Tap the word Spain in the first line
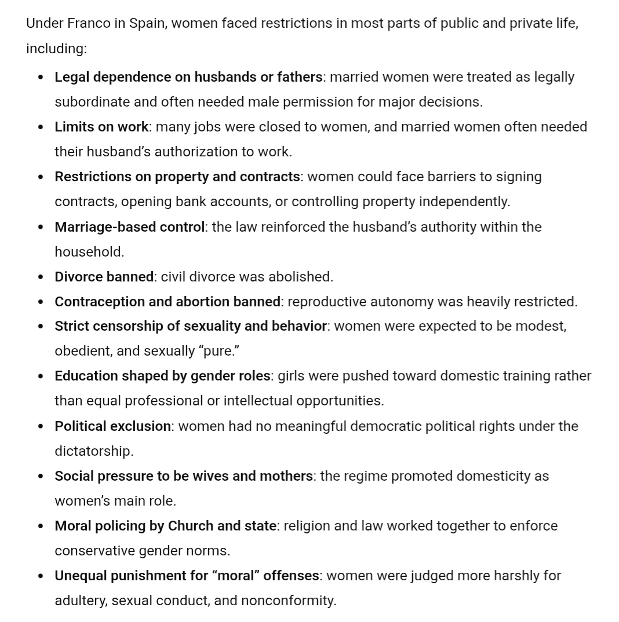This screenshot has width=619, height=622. (146, 24)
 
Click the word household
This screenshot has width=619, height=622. (88, 252)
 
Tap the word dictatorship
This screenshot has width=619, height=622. (93, 451)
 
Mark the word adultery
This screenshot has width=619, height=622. (79, 601)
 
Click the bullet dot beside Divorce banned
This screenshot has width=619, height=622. (41, 277)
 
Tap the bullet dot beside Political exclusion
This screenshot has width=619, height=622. (41, 426)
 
